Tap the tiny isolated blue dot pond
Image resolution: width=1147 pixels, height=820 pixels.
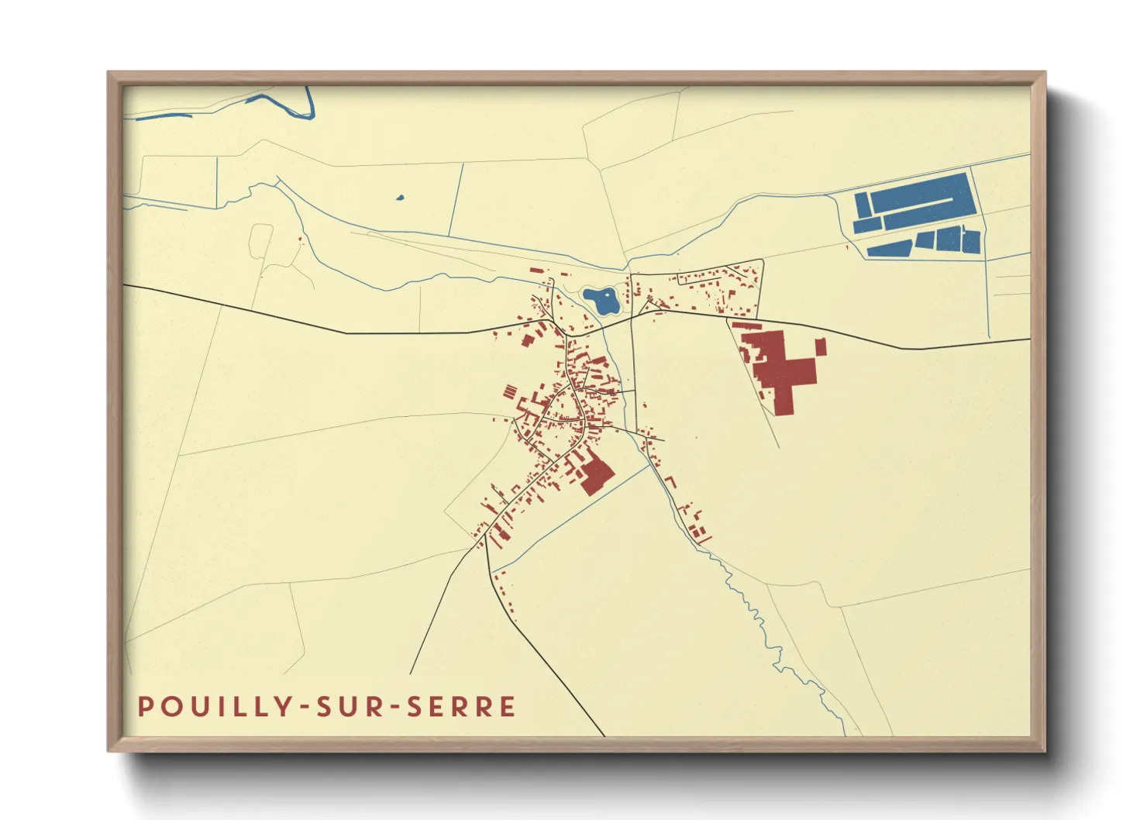pos(400,198)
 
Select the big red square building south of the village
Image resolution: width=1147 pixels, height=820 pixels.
pos(597,474)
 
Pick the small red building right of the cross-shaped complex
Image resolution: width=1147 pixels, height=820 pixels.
pos(820,346)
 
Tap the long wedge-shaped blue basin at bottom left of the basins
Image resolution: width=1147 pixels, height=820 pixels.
pos(890,248)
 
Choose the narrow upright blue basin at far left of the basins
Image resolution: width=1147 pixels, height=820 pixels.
pos(861,205)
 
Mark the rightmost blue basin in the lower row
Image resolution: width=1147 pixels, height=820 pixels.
pos(971,241)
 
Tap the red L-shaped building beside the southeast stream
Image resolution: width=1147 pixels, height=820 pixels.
pos(670,482)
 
